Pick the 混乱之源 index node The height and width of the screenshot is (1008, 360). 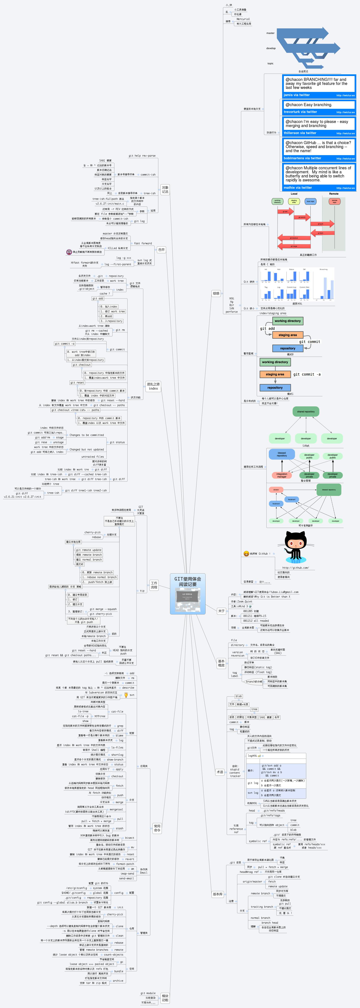click(153, 386)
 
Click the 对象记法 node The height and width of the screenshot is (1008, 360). click(165, 189)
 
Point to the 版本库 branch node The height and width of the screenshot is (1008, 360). click(218, 894)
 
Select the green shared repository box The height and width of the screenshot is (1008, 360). click(306, 412)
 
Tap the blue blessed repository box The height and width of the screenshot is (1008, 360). click(282, 454)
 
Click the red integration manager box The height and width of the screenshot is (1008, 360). click(282, 475)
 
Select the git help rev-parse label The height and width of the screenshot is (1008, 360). click(142, 156)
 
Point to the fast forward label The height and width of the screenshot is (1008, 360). click(143, 243)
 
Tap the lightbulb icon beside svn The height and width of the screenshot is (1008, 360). click(126, 695)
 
